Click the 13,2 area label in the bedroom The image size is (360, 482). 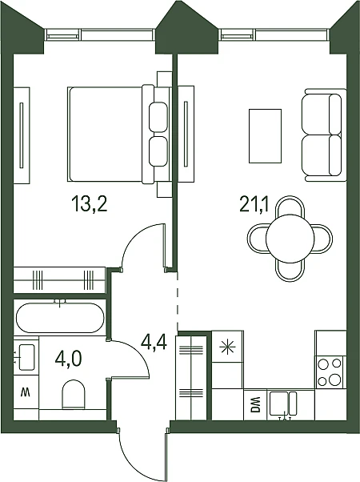pyautogui.click(x=89, y=205)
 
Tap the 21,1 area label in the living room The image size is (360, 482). pyautogui.click(x=254, y=205)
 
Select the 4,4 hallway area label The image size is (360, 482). pyautogui.click(x=154, y=343)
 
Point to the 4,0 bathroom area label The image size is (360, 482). pyautogui.click(x=69, y=359)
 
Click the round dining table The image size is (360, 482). pyautogui.click(x=290, y=239)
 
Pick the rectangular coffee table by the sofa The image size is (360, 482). pyautogui.click(x=265, y=135)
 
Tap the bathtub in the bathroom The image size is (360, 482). pyautogui.click(x=60, y=317)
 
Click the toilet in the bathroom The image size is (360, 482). pyautogui.click(x=74, y=395)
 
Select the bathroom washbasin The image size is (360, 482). pyautogui.click(x=26, y=357)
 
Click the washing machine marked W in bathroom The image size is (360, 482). pyautogui.click(x=26, y=392)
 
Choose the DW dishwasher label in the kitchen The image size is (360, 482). pyautogui.click(x=255, y=404)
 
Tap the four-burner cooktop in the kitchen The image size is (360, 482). pyautogui.click(x=330, y=372)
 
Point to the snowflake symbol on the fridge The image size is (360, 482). pyautogui.click(x=228, y=347)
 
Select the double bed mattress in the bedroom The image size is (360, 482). pyautogui.click(x=106, y=135)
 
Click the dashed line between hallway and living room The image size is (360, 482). pyautogui.click(x=178, y=300)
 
